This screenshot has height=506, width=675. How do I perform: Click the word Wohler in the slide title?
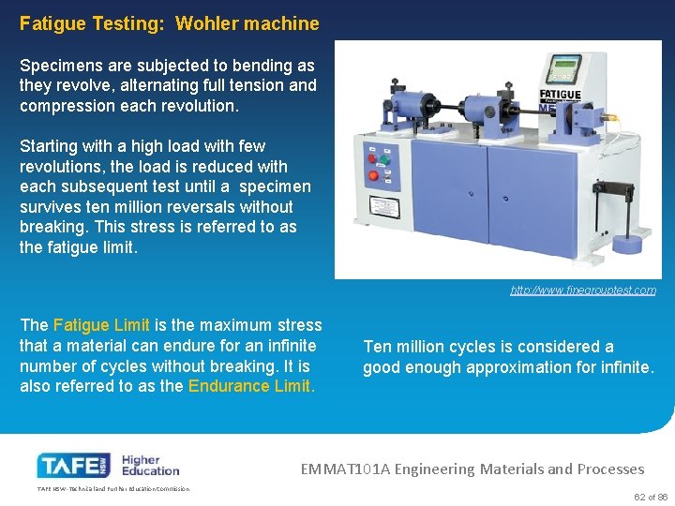[206, 23]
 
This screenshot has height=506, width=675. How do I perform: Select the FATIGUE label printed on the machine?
[560, 95]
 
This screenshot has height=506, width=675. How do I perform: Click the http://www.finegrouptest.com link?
[583, 290]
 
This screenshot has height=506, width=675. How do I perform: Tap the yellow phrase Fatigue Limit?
[101, 325]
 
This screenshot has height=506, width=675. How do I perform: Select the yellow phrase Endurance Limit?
[251, 386]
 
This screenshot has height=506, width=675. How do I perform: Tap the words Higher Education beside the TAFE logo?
[150, 465]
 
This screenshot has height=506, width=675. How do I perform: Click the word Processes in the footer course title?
[609, 469]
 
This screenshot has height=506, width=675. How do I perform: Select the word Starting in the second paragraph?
[50, 146]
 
